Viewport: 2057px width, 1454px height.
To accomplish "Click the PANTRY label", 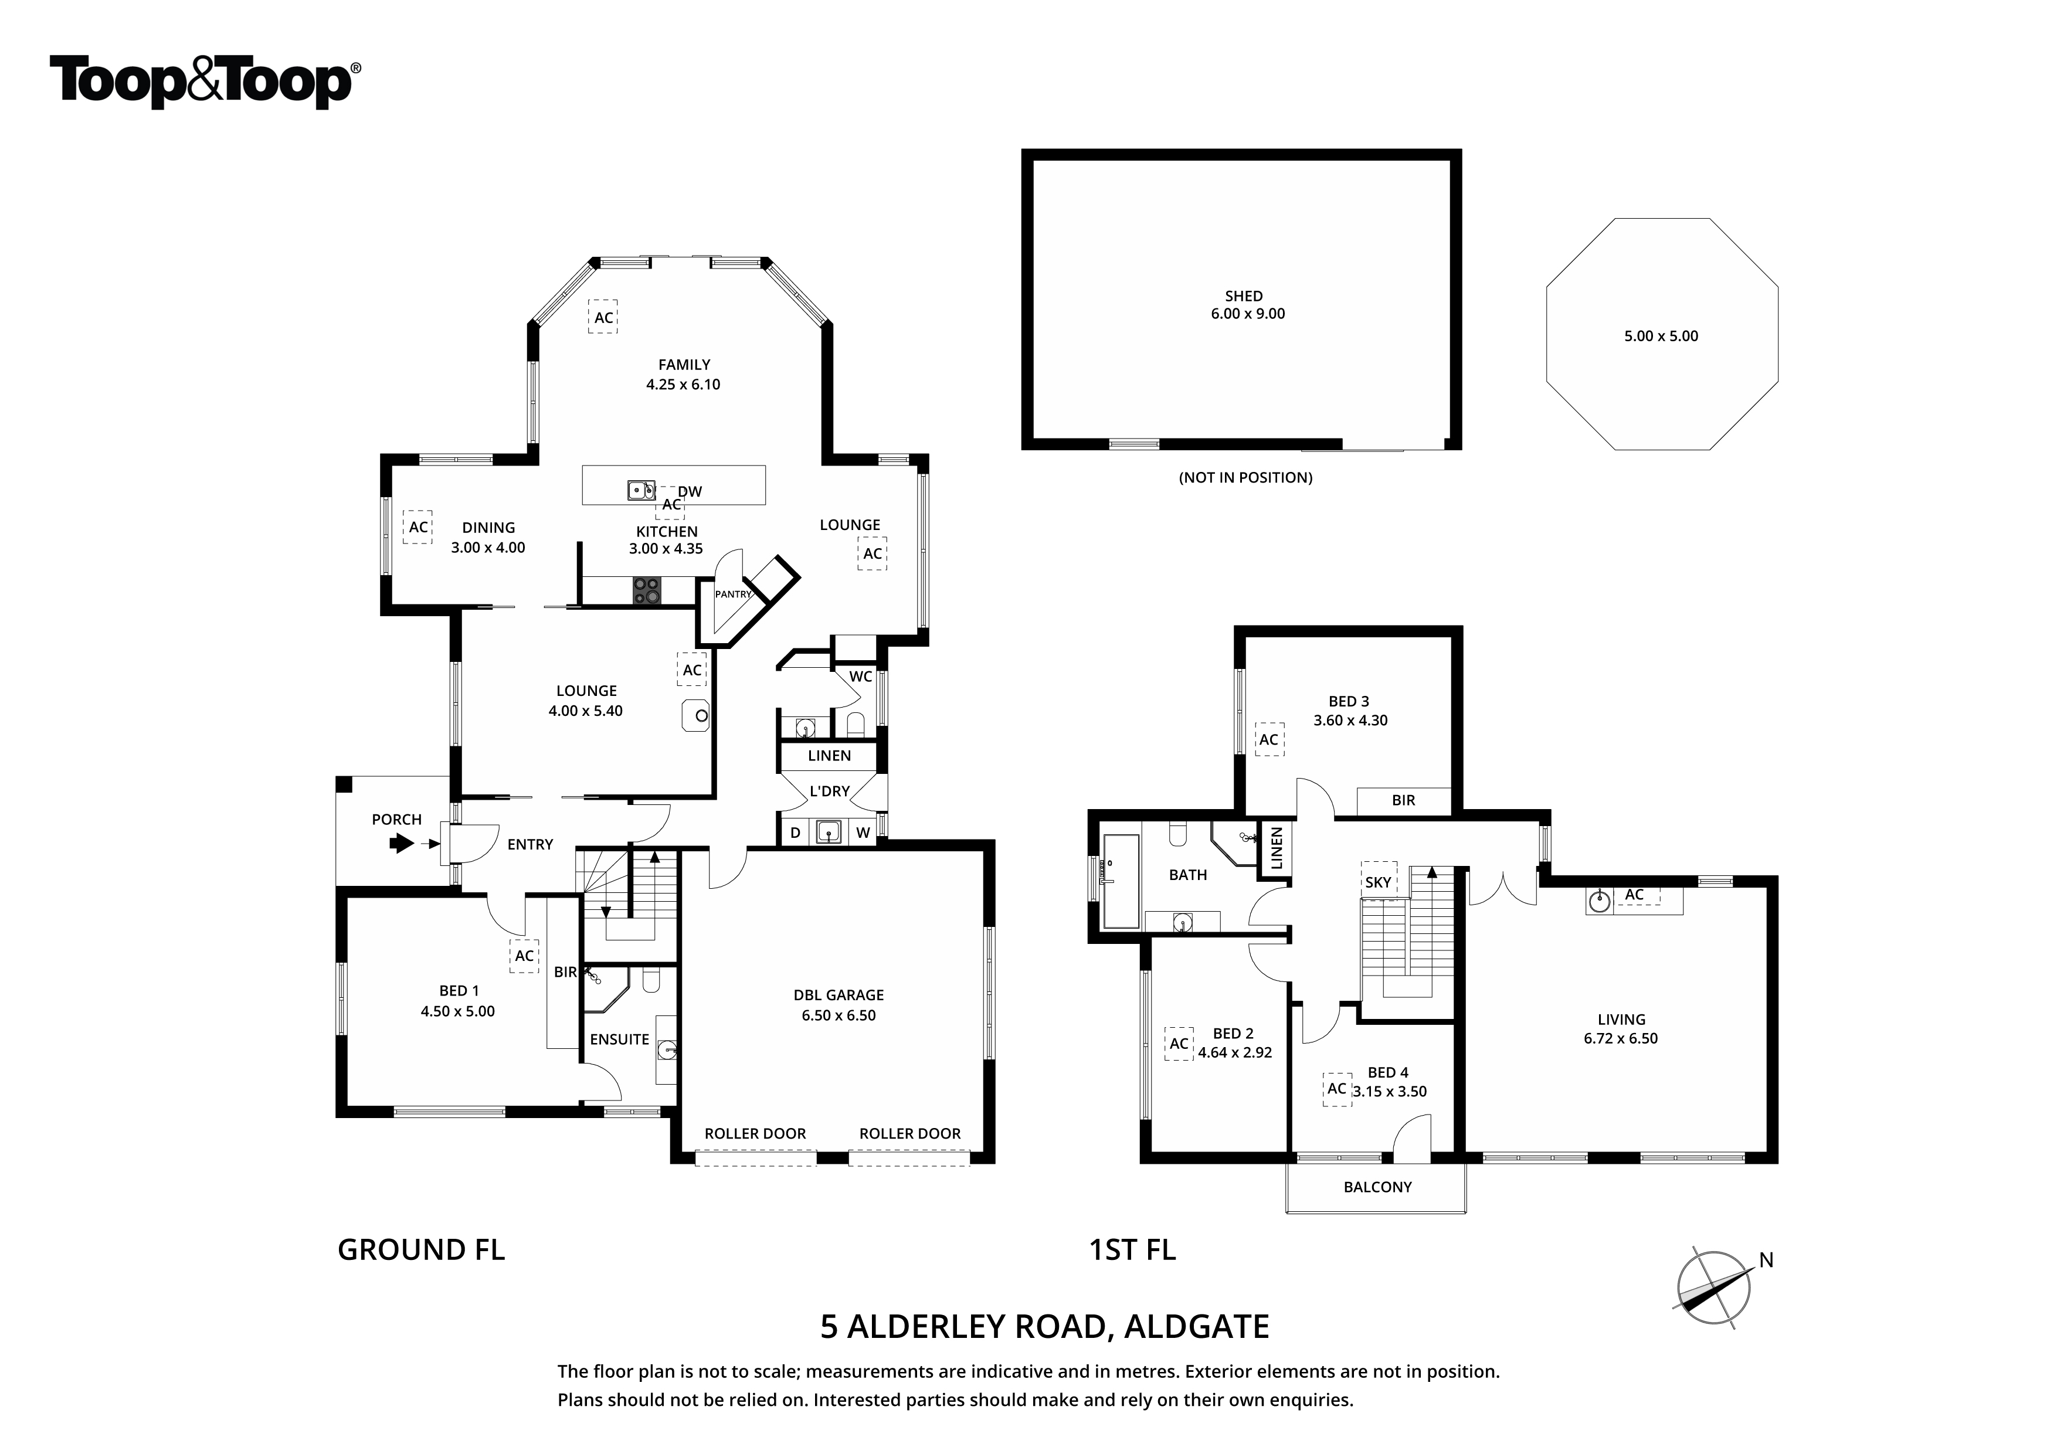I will (x=733, y=594).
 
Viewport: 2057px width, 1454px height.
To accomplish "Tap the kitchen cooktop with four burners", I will (x=647, y=590).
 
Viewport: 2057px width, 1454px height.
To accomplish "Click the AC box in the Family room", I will (x=603, y=317).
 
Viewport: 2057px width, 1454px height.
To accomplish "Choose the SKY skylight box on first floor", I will (x=1378, y=882).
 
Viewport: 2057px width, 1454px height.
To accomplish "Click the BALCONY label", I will (x=1377, y=1187).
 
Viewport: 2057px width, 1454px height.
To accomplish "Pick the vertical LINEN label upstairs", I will (x=1277, y=848).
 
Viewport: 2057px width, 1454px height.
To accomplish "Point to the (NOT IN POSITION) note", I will (x=1245, y=477).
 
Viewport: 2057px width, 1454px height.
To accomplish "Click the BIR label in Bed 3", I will (x=1403, y=801).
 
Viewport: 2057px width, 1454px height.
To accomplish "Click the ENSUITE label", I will (x=619, y=1039).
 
